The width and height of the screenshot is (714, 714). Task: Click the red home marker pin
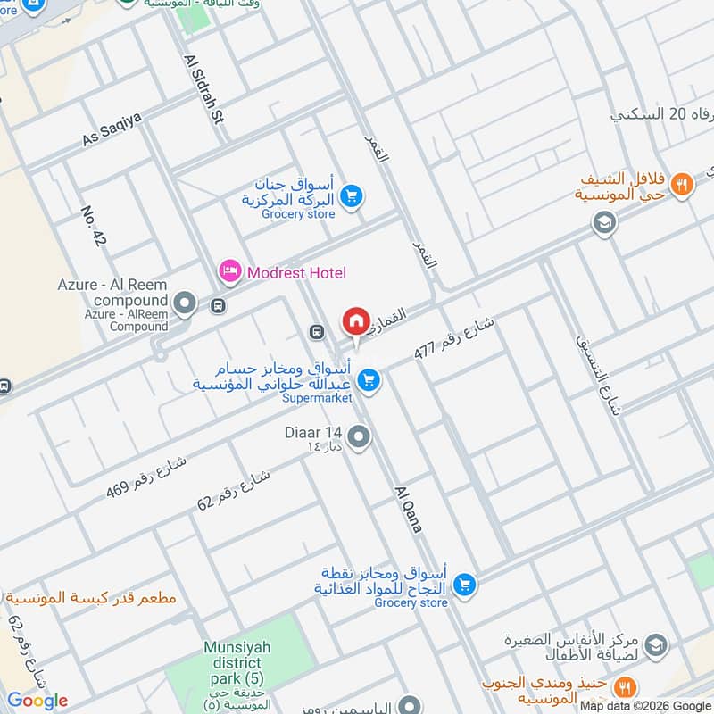coord(355,321)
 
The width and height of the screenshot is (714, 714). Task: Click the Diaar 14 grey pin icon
coord(359,436)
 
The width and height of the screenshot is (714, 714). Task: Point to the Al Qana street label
coord(408,508)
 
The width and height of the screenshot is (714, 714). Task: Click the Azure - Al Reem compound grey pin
coord(186,304)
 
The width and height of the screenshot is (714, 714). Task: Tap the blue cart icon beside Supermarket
coord(368,381)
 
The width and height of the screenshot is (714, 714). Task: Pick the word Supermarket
coord(317,398)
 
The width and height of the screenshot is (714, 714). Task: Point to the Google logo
coord(37,701)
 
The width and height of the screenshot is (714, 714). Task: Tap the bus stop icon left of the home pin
coord(316,332)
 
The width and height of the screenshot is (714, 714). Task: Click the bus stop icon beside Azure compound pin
coord(218,306)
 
